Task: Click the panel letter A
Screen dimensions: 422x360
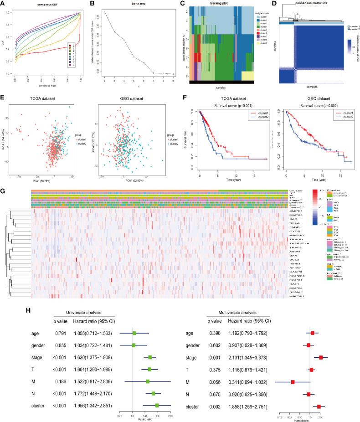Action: [3, 3]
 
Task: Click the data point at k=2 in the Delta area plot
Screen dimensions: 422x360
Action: [104, 11]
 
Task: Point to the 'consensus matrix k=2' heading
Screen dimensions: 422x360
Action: [302, 4]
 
